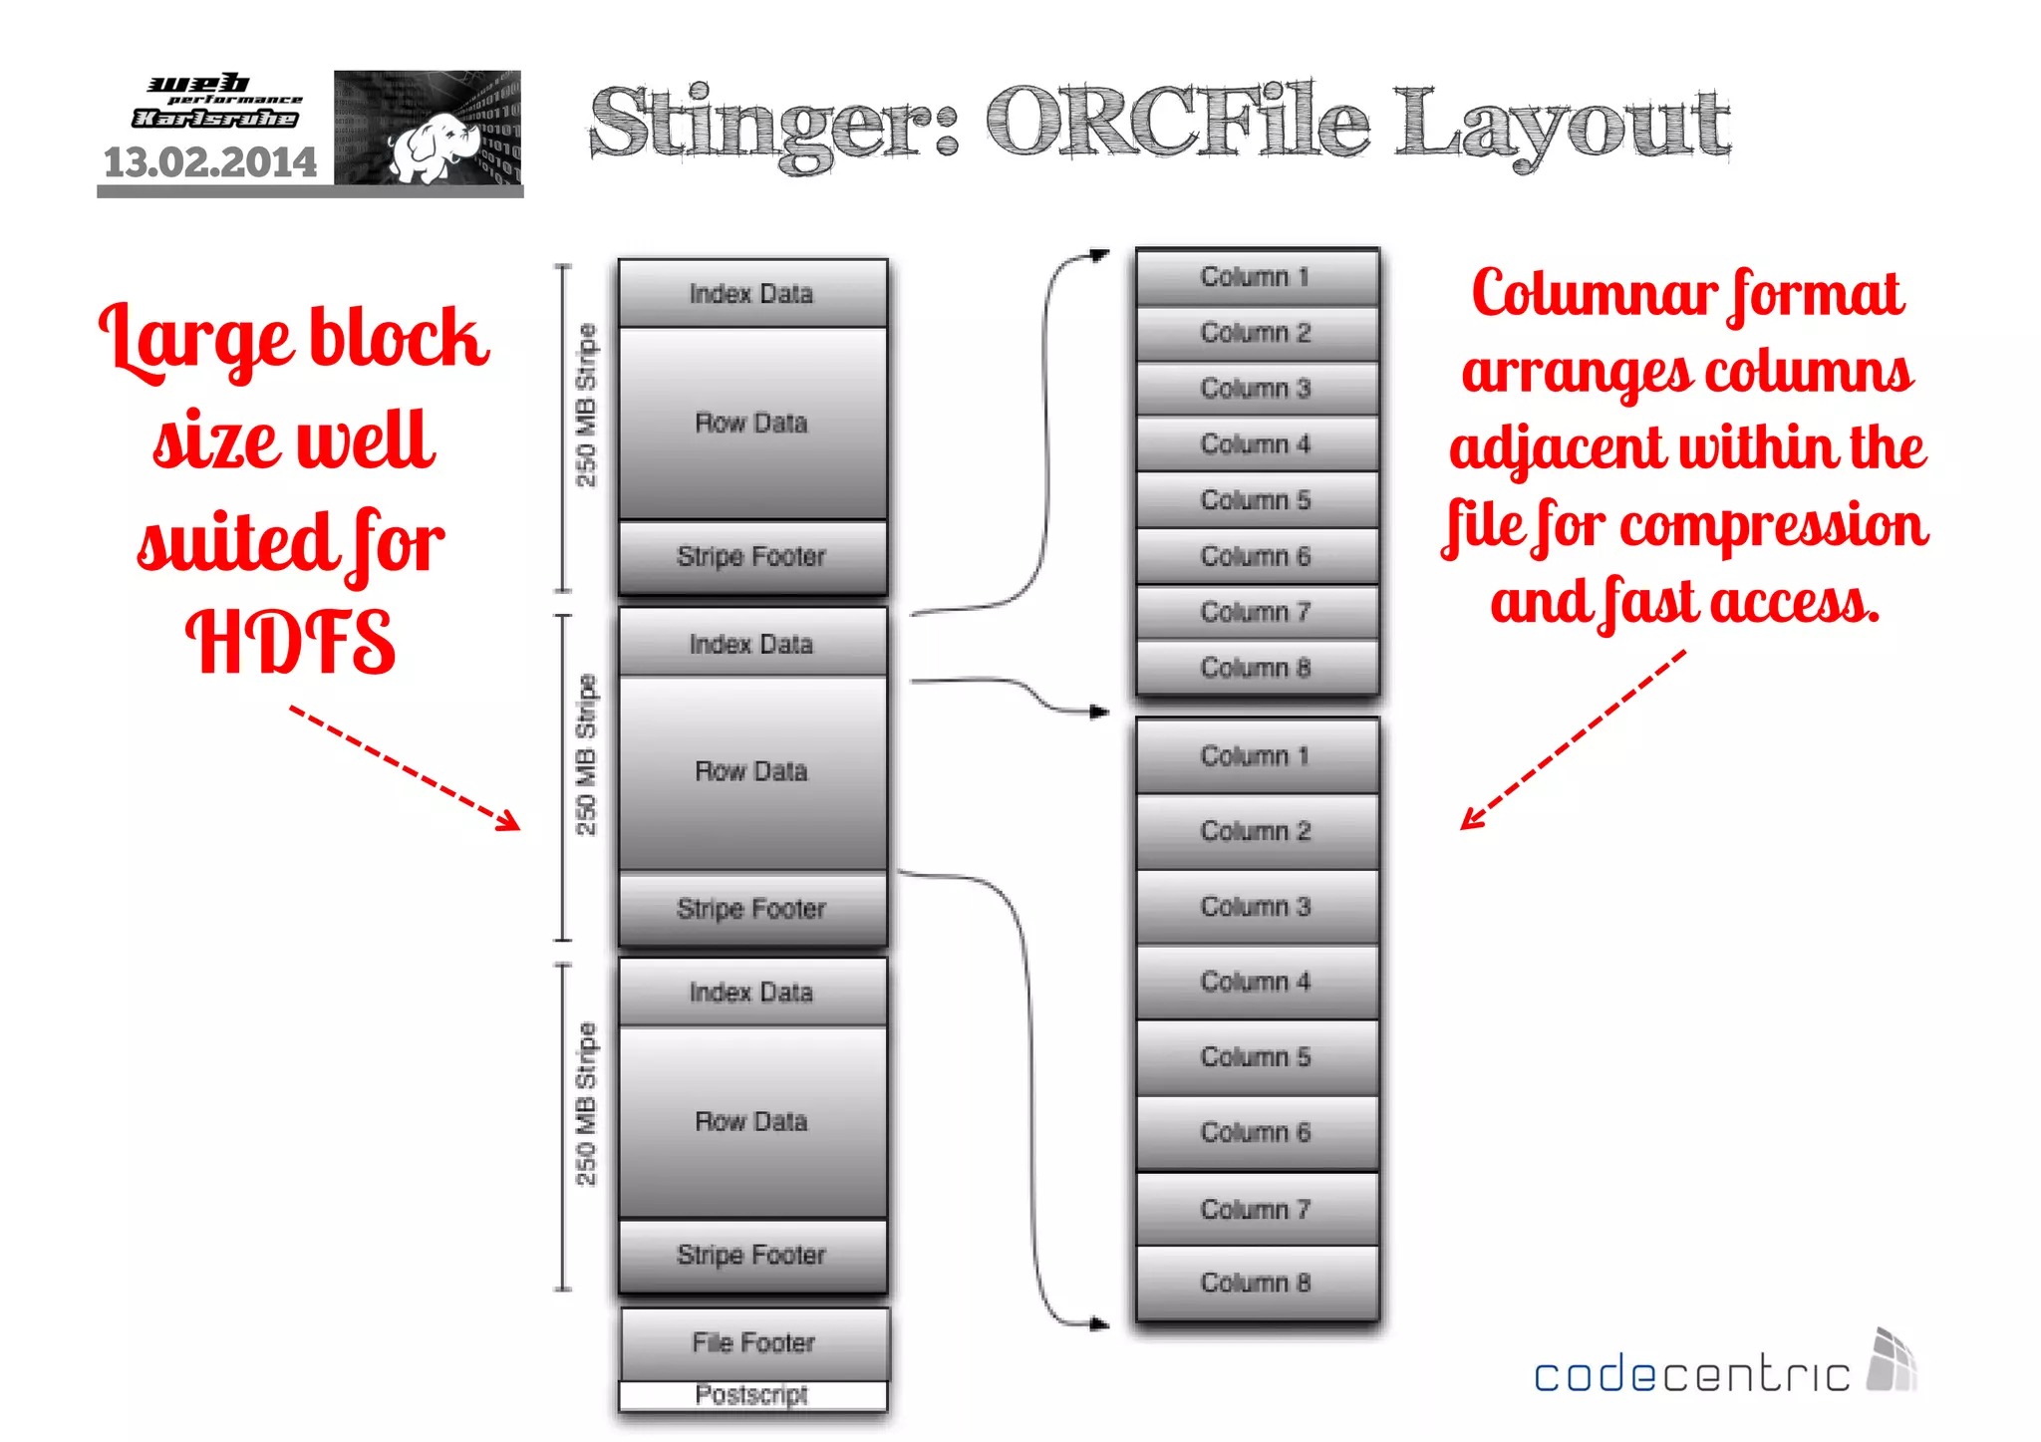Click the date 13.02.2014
[210, 162]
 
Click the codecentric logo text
[1691, 1375]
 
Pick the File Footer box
[753, 1342]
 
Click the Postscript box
[752, 1395]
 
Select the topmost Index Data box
[751, 294]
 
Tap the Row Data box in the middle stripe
[751, 771]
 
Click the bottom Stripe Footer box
[751, 1255]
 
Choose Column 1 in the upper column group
[1256, 277]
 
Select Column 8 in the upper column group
[1256, 668]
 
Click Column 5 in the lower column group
[1256, 1056]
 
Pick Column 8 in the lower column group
[1256, 1283]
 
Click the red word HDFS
[291, 643]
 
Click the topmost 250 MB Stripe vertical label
[586, 406]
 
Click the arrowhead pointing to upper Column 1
[1099, 255]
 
